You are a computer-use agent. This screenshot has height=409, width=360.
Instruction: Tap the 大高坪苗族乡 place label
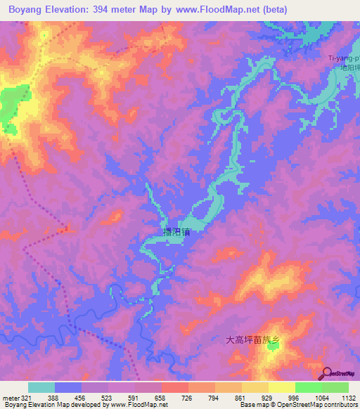coord(253,340)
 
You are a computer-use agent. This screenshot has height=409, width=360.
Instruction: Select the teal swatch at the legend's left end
coord(41,387)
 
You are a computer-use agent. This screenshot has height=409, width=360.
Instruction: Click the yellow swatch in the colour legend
coord(281,387)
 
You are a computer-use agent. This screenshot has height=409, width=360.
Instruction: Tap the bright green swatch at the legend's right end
coord(335,387)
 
